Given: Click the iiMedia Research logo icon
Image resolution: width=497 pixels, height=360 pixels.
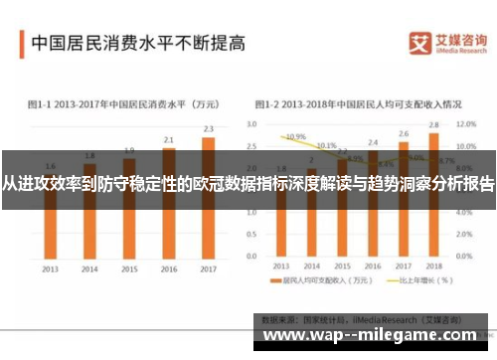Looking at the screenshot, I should pyautogui.click(x=419, y=43).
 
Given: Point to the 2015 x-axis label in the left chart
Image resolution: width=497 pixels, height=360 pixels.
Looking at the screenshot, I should pyautogui.click(x=129, y=270).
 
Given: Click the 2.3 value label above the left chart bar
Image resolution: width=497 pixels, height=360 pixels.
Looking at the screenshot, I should pyautogui.click(x=208, y=128).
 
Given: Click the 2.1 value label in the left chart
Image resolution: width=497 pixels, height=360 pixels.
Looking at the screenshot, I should pyautogui.click(x=169, y=139).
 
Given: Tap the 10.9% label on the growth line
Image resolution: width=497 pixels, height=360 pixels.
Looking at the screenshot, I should pyautogui.click(x=295, y=136).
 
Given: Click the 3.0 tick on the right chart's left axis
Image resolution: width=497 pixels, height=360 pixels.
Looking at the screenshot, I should pyautogui.click(x=251, y=124).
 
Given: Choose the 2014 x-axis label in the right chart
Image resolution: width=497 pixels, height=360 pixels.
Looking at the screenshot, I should pyautogui.click(x=311, y=270).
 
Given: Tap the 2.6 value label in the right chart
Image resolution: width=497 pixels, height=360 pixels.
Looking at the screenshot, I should pyautogui.click(x=404, y=133).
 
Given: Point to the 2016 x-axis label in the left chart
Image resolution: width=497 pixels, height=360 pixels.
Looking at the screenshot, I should pyautogui.click(x=169, y=270).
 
